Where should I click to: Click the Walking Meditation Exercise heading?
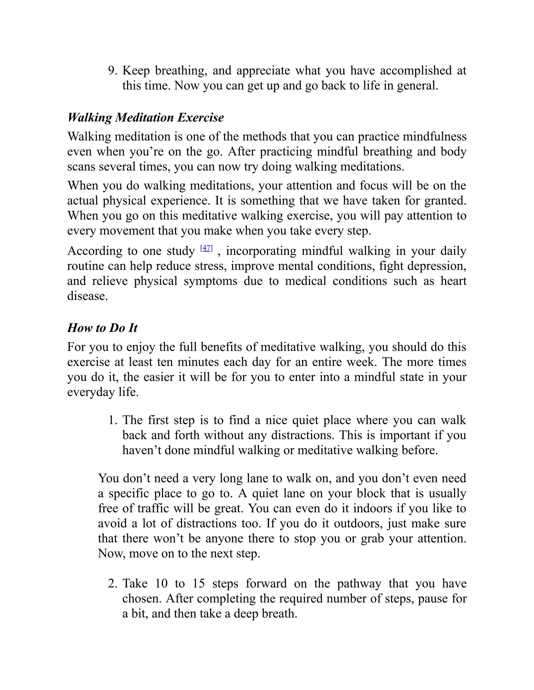tap(145, 117)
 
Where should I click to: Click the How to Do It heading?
tap(102, 328)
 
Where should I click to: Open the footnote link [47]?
tap(206, 248)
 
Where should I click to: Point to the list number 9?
tap(113, 71)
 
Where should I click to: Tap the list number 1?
tap(113, 420)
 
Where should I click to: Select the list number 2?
tap(113, 584)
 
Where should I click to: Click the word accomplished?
tap(416, 71)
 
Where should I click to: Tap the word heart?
tap(453, 281)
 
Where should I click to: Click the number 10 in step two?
tap(161, 584)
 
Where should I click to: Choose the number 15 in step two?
tap(198, 584)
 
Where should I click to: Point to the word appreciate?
tap(263, 71)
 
